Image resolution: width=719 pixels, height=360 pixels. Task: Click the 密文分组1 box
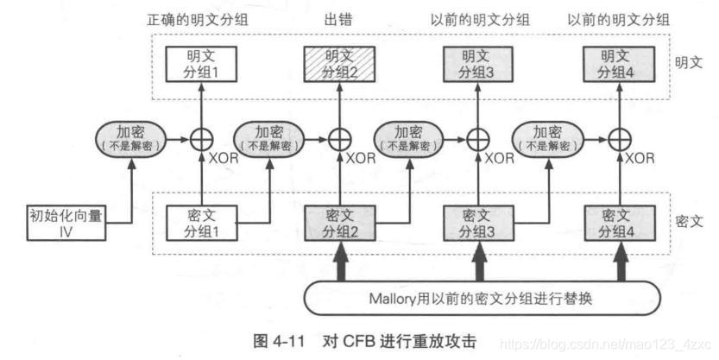[201, 223]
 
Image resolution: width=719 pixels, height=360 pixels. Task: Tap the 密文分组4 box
[616, 223]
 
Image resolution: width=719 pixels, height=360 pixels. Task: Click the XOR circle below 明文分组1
[201, 138]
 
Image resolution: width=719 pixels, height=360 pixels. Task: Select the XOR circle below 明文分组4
[616, 138]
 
